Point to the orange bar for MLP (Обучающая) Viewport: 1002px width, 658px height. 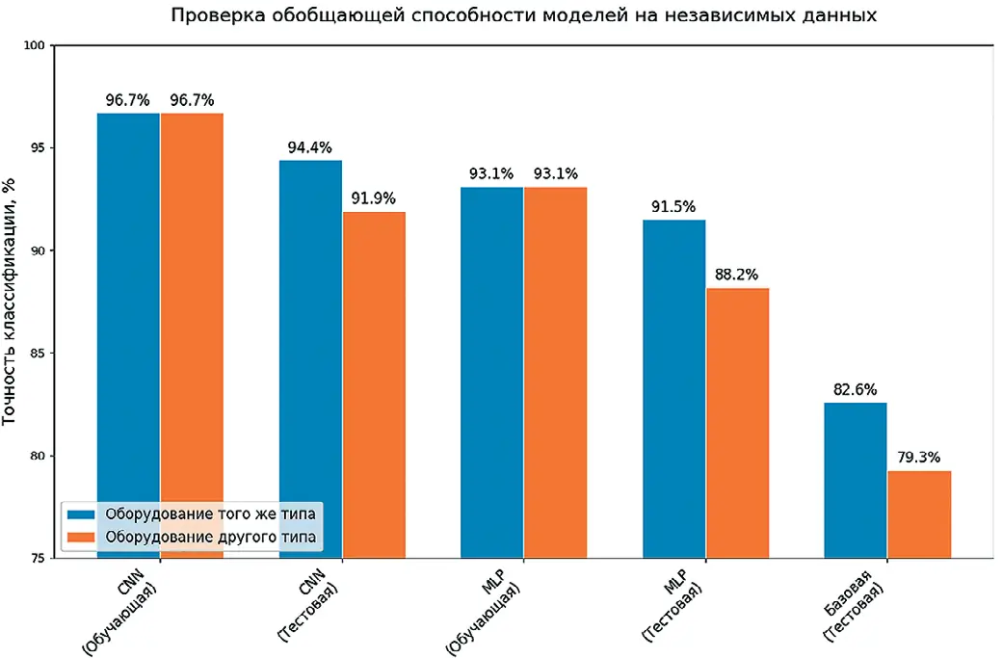(x=555, y=372)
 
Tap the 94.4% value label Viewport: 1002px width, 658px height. (x=310, y=148)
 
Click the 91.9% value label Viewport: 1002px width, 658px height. (x=374, y=199)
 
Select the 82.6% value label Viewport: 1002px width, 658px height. (x=856, y=390)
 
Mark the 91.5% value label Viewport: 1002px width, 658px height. (x=673, y=207)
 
